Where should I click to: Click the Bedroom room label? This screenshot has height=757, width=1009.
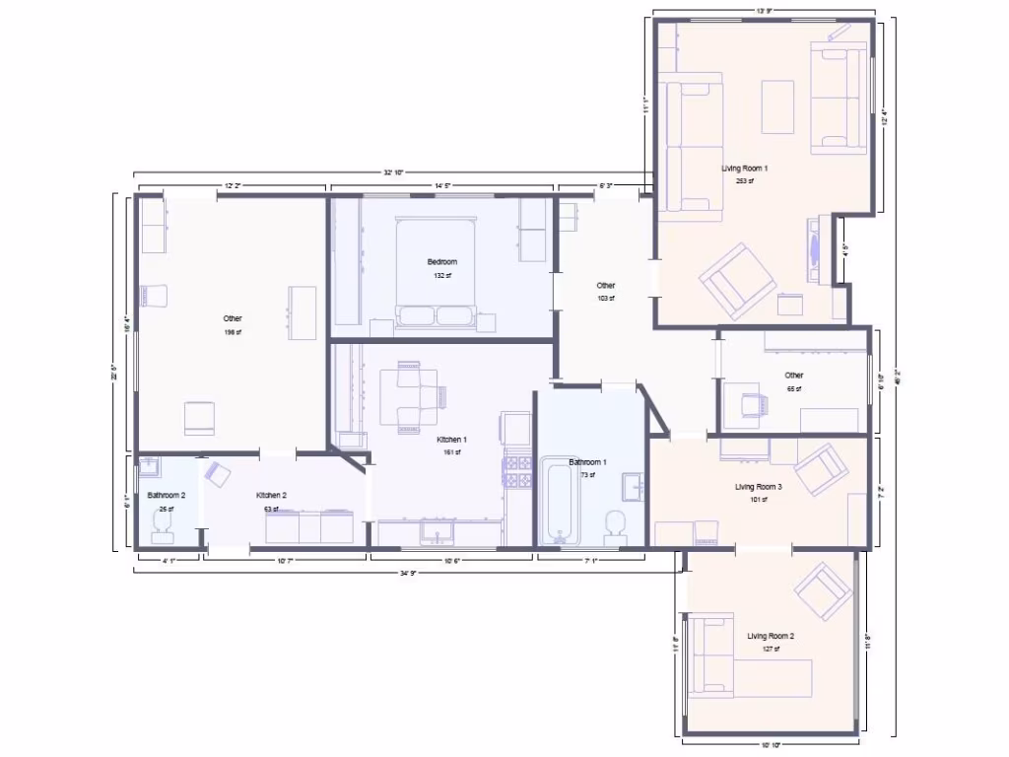[441, 261]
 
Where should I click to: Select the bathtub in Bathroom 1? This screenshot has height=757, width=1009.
[559, 500]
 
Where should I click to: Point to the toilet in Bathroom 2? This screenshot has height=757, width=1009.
[162, 529]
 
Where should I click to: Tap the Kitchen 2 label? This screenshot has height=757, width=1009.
[271, 495]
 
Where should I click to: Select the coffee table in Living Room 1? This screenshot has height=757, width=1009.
[777, 106]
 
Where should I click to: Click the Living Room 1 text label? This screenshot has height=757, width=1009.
[744, 169]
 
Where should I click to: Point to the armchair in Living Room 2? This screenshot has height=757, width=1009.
[823, 591]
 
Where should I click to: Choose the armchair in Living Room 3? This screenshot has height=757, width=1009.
[821, 469]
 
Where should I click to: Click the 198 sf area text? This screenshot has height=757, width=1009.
[232, 332]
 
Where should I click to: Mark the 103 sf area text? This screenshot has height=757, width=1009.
[605, 298]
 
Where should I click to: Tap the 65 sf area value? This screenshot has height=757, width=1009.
[793, 388]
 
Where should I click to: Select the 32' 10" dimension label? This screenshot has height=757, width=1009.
[394, 172]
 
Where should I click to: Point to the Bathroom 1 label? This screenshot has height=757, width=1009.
[587, 462]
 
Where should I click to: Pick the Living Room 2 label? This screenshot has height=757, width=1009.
[770, 636]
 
